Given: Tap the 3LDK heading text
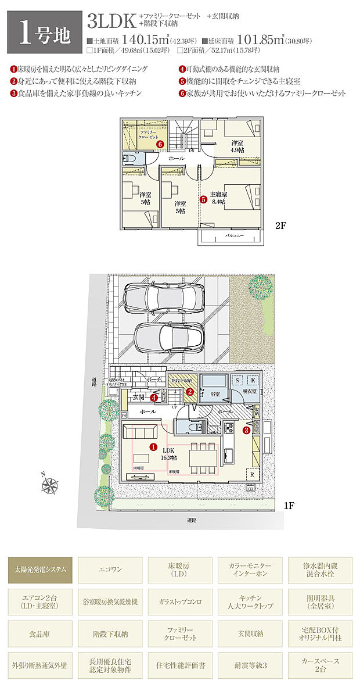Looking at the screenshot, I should (x=111, y=21).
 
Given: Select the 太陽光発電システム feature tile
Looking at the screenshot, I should (x=40, y=571).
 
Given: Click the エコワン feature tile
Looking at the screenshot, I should (x=110, y=571).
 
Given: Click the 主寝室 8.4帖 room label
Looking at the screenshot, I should (x=218, y=198).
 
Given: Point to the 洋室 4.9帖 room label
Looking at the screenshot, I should (x=237, y=146).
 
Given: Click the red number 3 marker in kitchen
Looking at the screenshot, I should (x=246, y=431).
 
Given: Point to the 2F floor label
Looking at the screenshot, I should (x=281, y=226).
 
